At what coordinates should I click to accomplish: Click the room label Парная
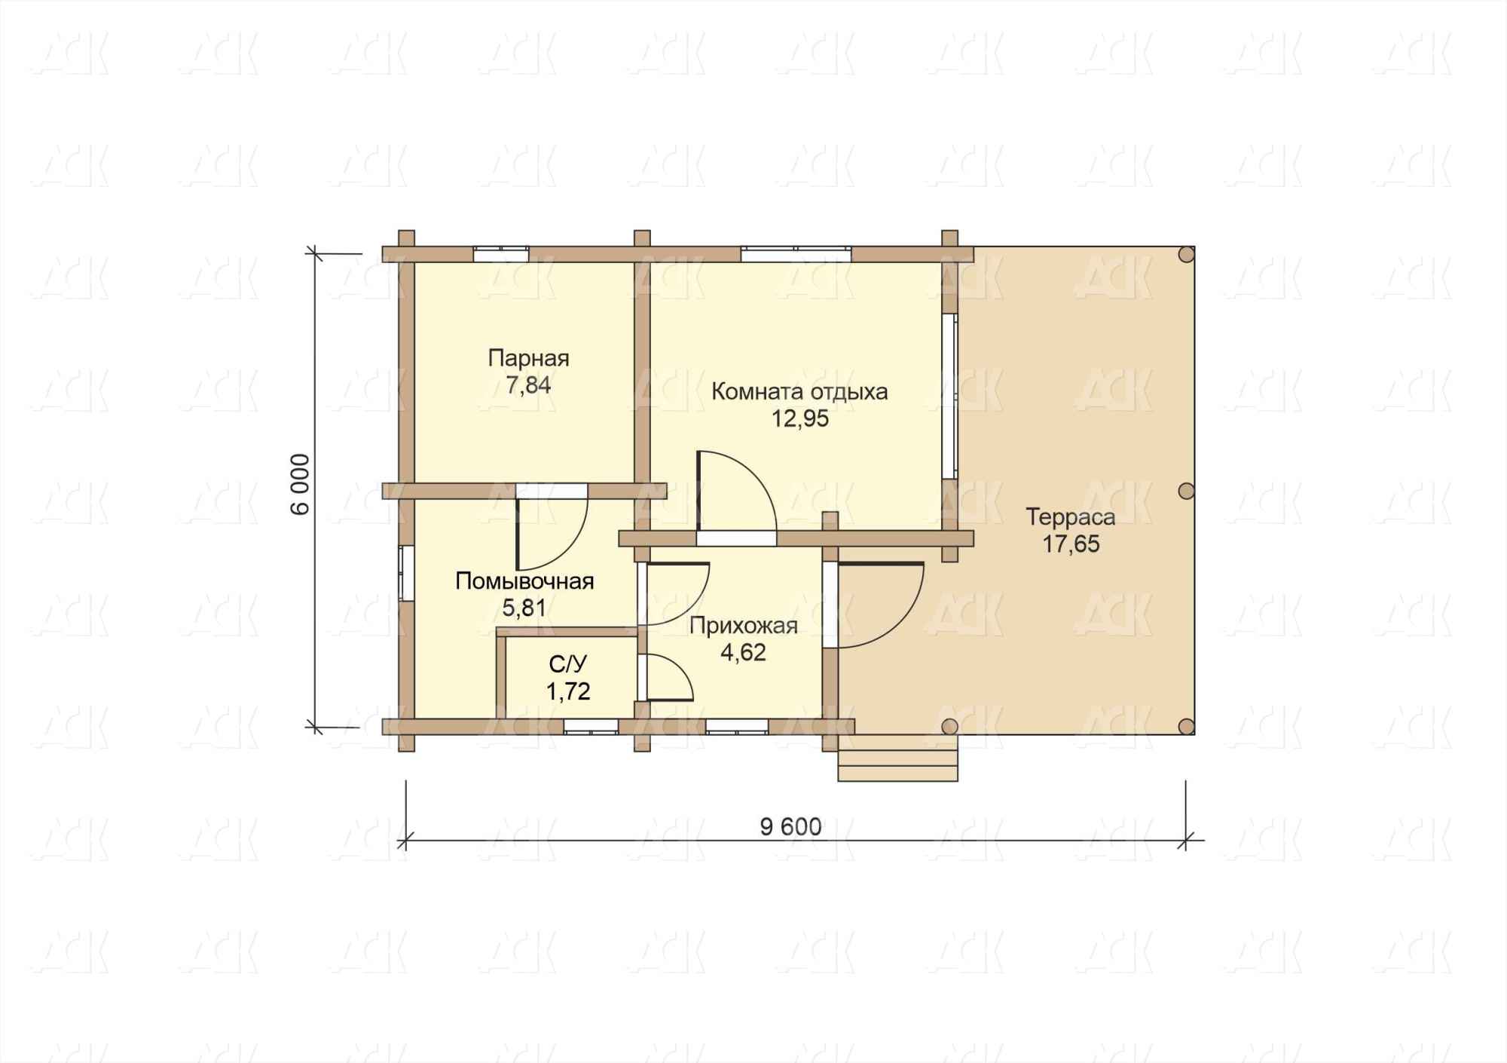tap(528, 358)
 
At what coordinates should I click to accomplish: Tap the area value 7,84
tap(528, 385)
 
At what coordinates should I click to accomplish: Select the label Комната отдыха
tap(799, 392)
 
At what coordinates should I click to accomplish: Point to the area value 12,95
tap(799, 418)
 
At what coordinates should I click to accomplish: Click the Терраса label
tap(1070, 517)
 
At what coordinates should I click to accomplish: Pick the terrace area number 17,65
tap(1071, 544)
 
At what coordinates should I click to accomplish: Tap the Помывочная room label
tap(524, 581)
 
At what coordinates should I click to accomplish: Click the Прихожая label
tap(743, 626)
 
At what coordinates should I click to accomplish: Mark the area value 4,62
tap(744, 652)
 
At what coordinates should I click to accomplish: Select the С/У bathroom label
tap(568, 664)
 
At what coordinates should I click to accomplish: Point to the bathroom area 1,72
tap(568, 691)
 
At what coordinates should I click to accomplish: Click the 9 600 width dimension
tap(791, 827)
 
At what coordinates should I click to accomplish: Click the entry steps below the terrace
tap(897, 758)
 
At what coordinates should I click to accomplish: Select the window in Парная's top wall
tap(500, 254)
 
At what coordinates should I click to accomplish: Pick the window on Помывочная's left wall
tap(406, 572)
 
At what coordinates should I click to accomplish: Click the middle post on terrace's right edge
tap(1186, 491)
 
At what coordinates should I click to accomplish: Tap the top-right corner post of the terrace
tap(1186, 254)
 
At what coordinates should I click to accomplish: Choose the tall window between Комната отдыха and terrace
tap(949, 397)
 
